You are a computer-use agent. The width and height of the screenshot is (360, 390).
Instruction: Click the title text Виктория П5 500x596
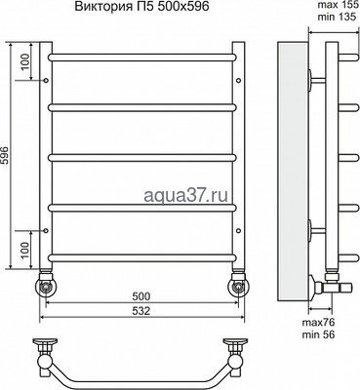coord(141,7)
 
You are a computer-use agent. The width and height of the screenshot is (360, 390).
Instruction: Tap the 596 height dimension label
coord(7,155)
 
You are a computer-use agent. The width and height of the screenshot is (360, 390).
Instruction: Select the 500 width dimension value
coord(141,296)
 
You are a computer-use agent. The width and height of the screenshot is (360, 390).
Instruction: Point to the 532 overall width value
coord(141,311)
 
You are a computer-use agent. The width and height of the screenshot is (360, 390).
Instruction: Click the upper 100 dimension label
coord(26,61)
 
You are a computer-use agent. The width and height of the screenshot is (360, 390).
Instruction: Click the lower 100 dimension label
coord(26,250)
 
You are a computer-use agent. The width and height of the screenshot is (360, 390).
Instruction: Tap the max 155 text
coord(338,6)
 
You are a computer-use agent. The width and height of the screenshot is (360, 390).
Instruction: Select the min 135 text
coord(337,17)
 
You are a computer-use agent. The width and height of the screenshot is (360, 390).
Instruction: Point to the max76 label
coord(318,323)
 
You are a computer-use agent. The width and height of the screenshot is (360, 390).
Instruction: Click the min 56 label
coord(318,334)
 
